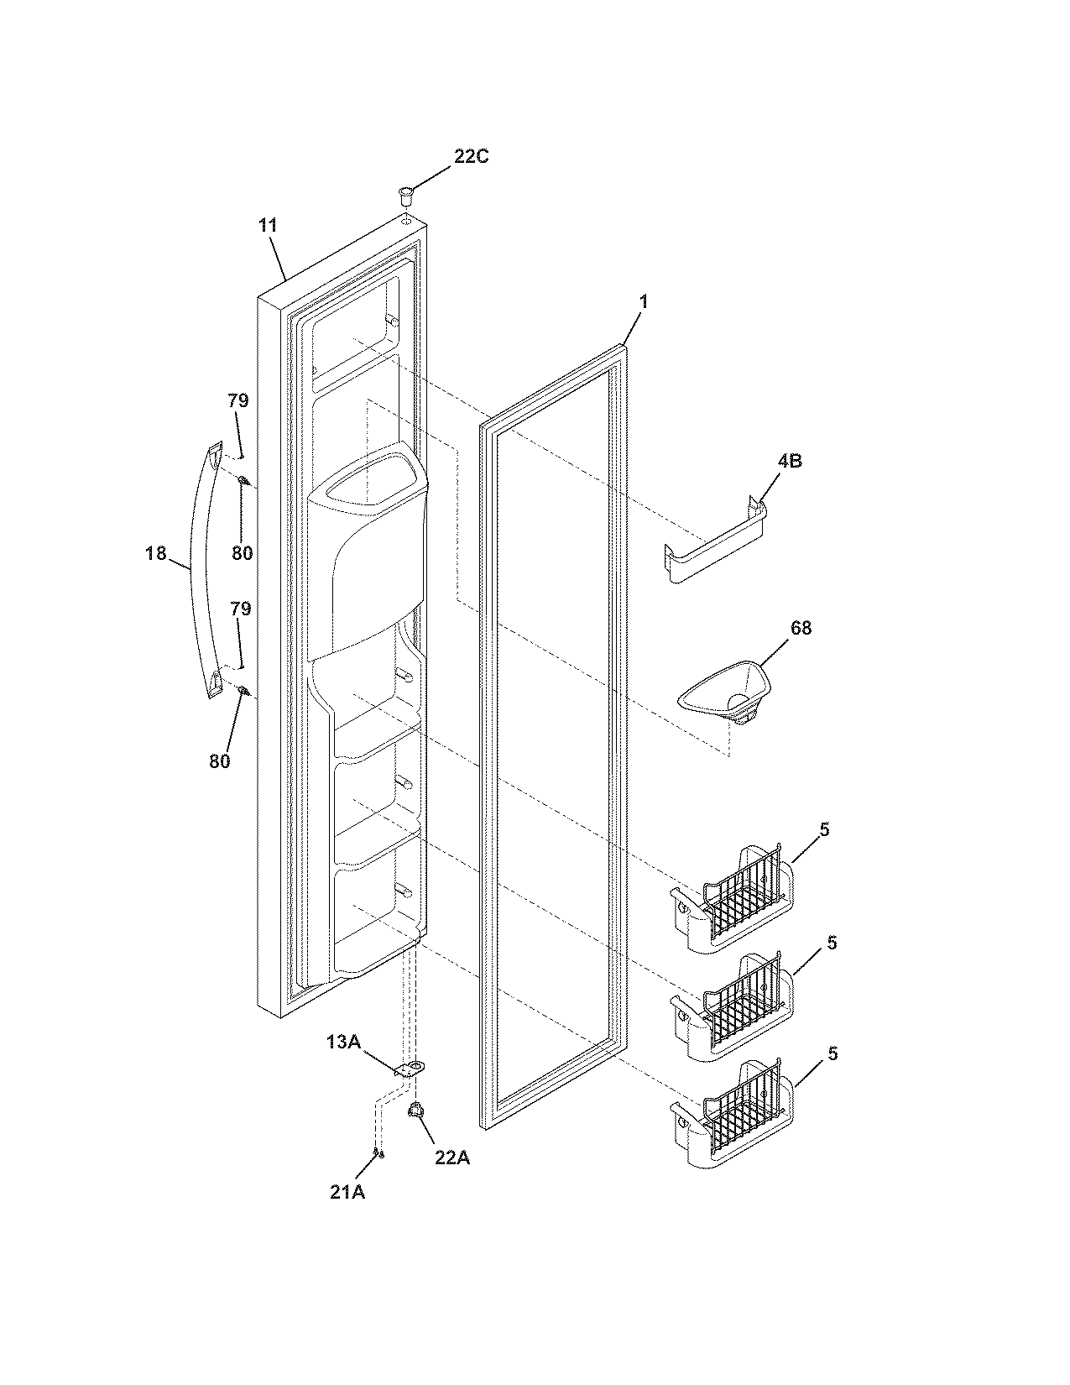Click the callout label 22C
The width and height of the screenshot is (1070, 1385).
471,157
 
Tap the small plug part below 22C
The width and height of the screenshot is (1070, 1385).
405,197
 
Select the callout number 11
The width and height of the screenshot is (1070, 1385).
268,225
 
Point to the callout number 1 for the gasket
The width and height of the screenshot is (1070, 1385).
644,301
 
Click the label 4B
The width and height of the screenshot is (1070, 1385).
789,461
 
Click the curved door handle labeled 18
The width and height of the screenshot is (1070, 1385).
200,571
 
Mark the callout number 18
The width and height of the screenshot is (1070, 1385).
156,553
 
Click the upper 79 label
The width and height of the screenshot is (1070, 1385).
238,400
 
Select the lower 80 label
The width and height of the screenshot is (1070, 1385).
219,761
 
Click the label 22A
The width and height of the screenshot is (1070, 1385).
452,1158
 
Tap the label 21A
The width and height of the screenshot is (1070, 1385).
347,1192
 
